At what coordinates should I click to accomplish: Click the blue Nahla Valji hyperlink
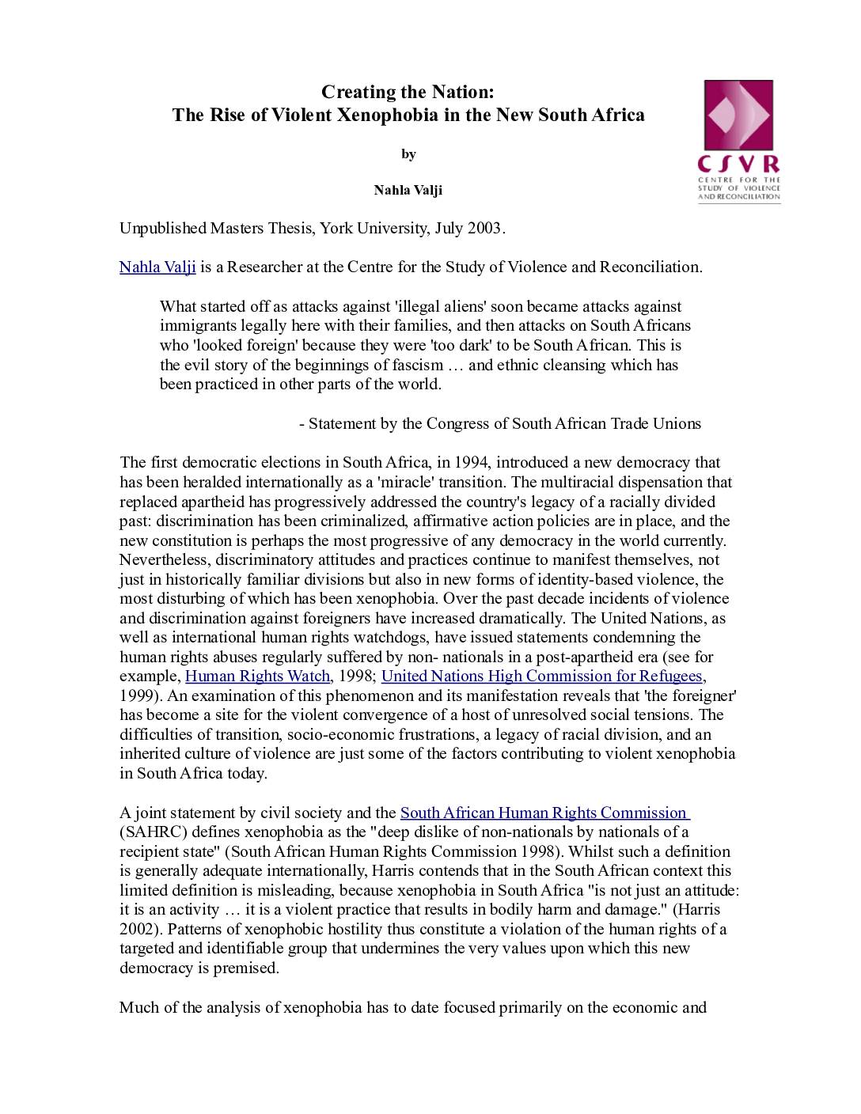157,267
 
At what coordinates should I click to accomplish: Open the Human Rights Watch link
257,676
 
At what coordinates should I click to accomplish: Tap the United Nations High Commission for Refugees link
541,676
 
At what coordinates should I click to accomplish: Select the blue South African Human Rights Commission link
544,813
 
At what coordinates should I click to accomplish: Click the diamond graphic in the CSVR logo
738,116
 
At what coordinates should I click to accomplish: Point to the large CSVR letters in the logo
738,164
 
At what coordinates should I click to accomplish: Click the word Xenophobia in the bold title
388,115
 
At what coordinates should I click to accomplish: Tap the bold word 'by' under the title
408,154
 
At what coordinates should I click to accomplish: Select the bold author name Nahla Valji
408,190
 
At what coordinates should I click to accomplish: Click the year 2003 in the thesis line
484,229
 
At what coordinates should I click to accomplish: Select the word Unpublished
162,229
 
